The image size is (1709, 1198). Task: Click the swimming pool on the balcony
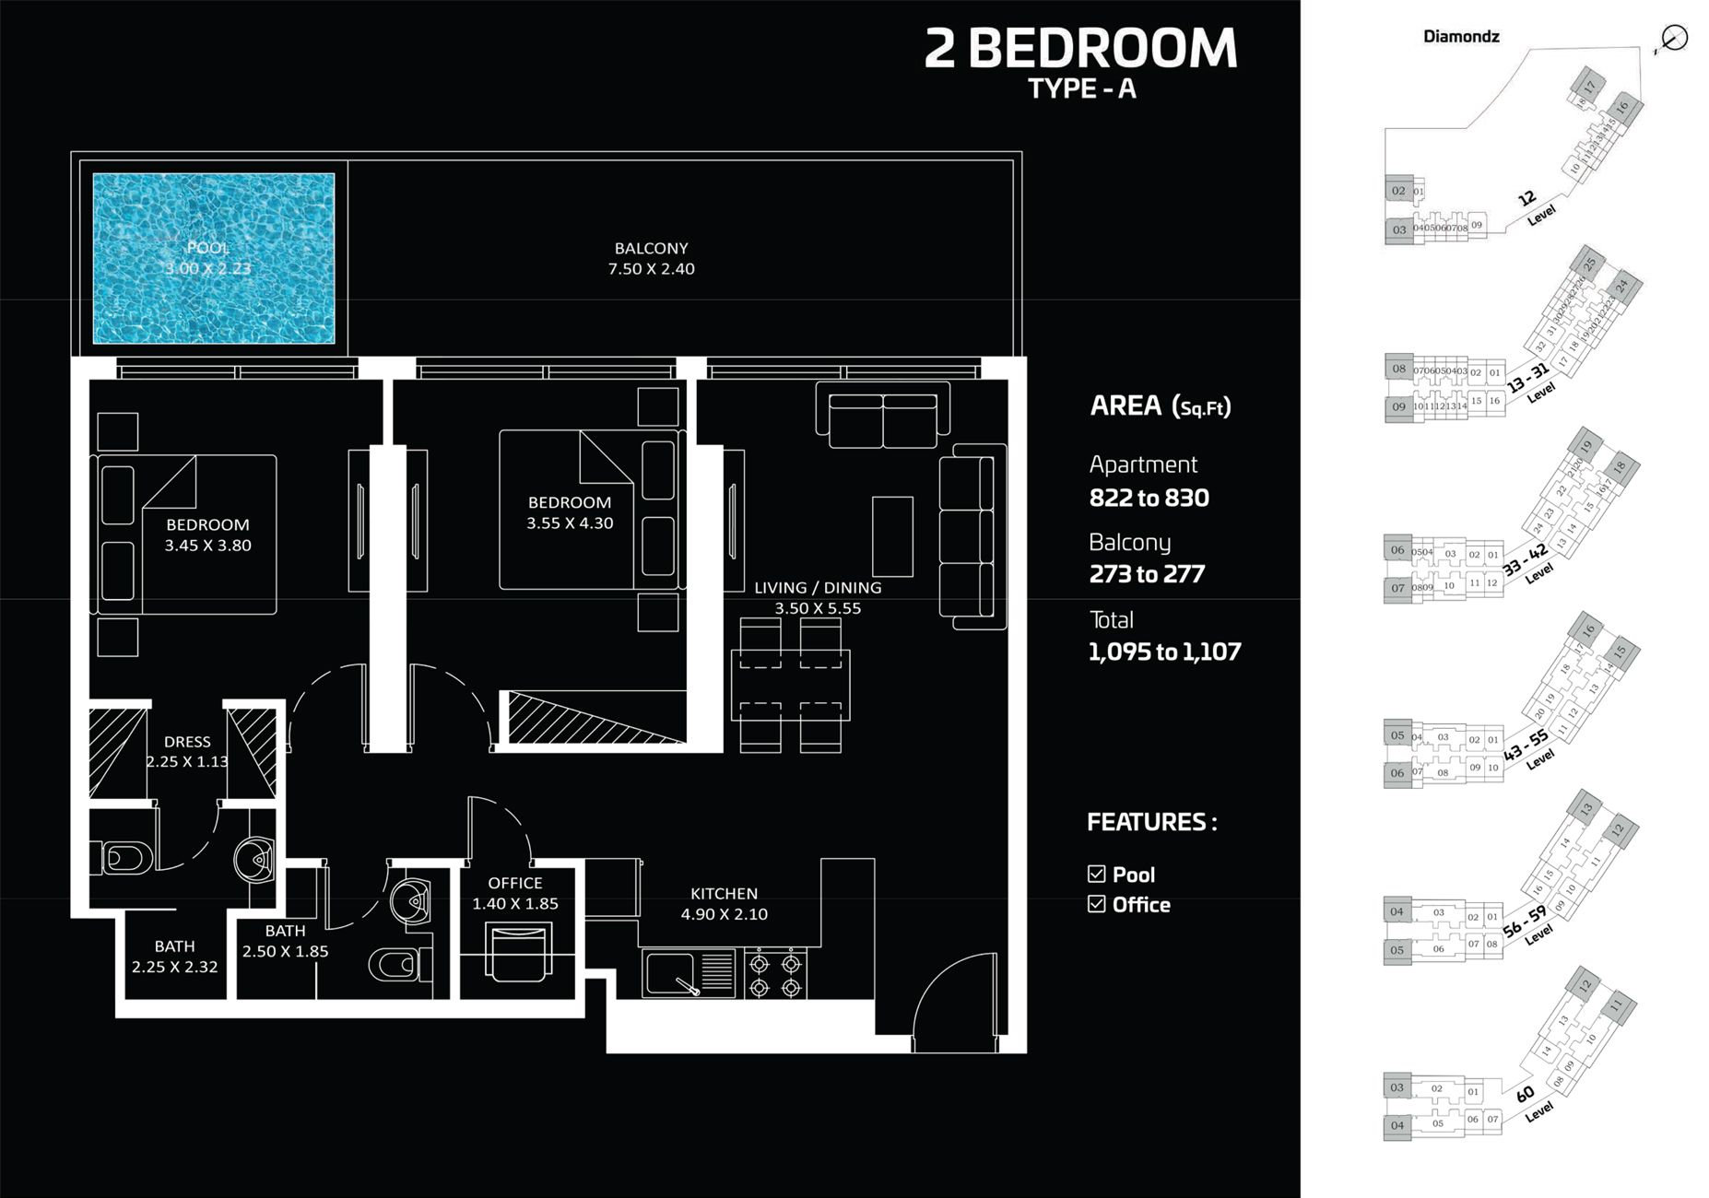coord(213,258)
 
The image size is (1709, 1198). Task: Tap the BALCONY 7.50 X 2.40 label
coord(651,259)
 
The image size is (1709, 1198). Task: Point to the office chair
coord(519,954)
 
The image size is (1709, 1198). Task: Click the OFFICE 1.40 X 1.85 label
coord(515,894)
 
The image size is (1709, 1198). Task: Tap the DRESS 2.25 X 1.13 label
coord(187,752)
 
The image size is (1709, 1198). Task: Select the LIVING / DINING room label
coord(818,598)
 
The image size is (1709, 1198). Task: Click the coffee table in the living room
coord(892,536)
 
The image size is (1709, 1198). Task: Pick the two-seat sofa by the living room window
coord(883,419)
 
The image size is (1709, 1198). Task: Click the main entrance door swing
coord(954,1000)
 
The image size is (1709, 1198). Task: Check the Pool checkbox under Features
coord(1097,874)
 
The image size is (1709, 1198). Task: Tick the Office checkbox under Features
coord(1097,904)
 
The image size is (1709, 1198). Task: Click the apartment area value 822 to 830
coord(1149,499)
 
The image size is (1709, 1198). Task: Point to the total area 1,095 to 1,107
coord(1164,652)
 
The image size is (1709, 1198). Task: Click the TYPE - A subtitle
coord(1081,88)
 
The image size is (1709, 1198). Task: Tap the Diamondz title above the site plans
coord(1460,37)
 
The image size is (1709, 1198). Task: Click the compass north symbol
coord(1673,38)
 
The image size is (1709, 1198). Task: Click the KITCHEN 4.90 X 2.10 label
coord(725,904)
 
